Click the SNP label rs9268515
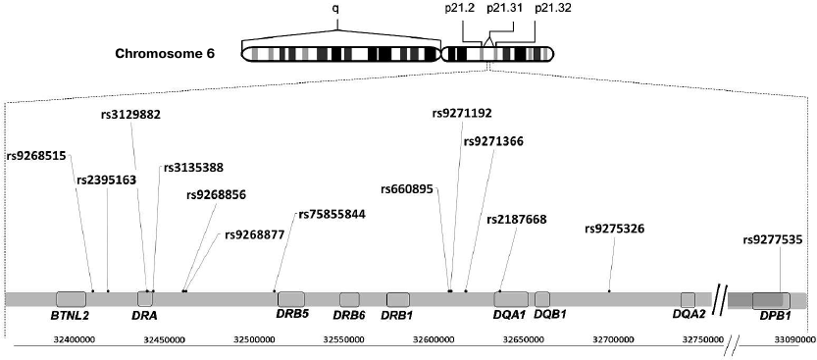click(36, 155)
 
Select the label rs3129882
click(130, 114)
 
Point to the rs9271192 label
click(462, 113)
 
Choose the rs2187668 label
click(516, 219)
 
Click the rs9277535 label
click(773, 238)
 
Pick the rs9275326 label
click(614, 229)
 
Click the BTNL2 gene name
click(71, 316)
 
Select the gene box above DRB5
click(292, 298)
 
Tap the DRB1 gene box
click(397, 298)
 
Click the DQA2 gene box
click(689, 298)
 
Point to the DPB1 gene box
click(770, 300)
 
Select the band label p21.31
click(501, 9)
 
